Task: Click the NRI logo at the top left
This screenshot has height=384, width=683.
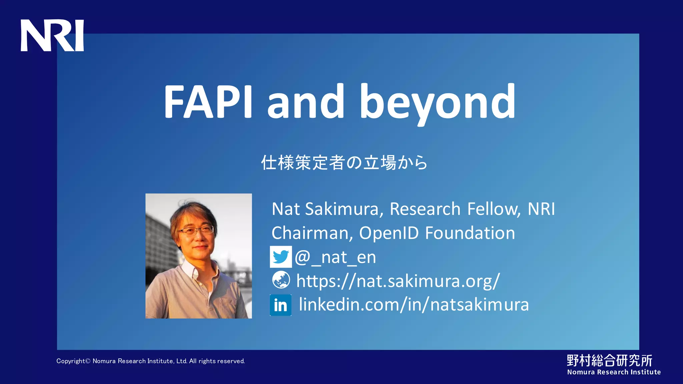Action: click(x=52, y=35)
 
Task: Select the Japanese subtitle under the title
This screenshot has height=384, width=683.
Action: click(x=344, y=163)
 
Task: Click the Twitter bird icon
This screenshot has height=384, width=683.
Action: click(x=280, y=257)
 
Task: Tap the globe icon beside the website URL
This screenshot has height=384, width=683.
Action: click(x=281, y=280)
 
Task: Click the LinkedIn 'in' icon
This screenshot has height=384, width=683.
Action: click(x=280, y=305)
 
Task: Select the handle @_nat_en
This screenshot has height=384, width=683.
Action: click(x=335, y=257)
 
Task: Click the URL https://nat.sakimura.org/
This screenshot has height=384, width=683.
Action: click(x=398, y=281)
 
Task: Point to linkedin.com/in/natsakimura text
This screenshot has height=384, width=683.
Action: click(x=414, y=305)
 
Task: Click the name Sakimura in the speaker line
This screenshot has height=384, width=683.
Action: click(x=344, y=209)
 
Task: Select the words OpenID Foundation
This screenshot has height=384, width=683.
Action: click(x=437, y=233)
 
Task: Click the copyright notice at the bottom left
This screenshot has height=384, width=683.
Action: click(x=150, y=361)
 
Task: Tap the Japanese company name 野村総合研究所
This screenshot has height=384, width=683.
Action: click(x=609, y=360)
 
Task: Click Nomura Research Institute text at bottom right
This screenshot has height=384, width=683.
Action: click(x=614, y=372)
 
